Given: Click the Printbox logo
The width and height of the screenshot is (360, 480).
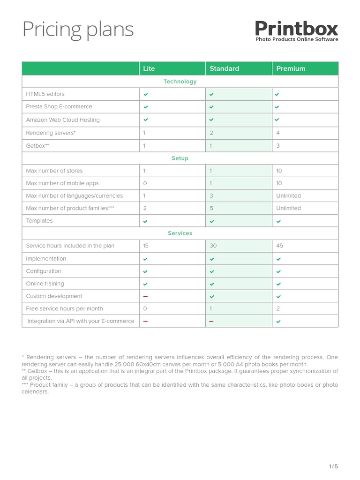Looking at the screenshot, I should pos(296,31).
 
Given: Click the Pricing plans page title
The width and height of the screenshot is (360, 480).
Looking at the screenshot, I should pos(78,30).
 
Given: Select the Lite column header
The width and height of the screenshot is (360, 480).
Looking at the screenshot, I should pos(149,68).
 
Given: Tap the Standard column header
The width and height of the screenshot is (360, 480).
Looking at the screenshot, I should pos(224,68).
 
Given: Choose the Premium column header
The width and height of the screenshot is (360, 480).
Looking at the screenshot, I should pos(291,68).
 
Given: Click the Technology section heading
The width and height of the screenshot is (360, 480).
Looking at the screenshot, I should pos(180,82).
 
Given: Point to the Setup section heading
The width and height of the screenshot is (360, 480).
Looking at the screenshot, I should pos(180,158).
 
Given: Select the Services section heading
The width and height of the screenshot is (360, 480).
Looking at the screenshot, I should pos(180,233).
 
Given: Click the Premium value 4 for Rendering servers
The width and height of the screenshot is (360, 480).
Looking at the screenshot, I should pos(278,133).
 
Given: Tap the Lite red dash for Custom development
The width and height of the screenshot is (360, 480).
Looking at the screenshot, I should pos(145,296).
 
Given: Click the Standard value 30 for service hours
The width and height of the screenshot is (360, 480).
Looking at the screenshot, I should pos(213,246).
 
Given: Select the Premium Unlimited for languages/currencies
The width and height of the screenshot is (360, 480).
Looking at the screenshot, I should pos(288,196).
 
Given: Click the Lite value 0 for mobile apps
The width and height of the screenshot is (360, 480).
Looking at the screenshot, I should pos(145,183).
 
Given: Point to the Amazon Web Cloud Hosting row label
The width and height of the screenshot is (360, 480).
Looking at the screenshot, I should pos(63,120).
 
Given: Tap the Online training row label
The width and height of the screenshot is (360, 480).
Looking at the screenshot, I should pos(45,284).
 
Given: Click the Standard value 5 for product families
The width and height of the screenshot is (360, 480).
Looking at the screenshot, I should pos(211,208).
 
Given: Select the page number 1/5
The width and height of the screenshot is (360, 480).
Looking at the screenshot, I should pos(333,466).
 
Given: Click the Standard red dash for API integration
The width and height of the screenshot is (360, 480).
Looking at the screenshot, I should pos(211,322).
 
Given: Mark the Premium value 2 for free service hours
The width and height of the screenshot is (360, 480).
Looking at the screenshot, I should pos(278,309).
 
